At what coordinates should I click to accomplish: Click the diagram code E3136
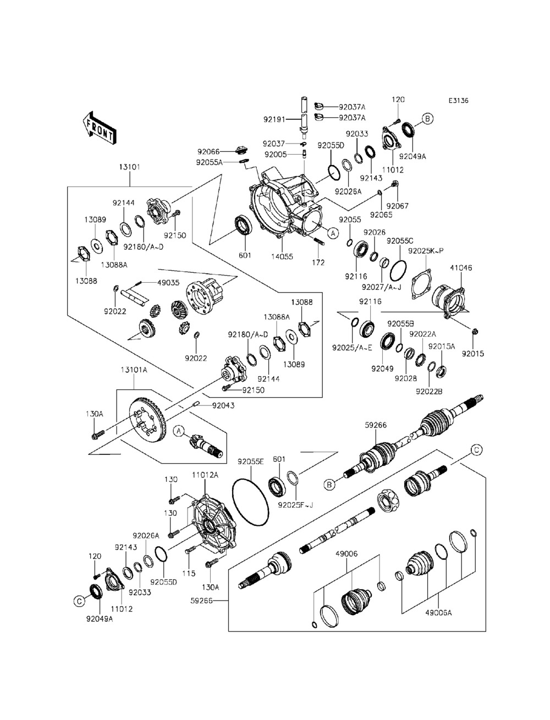click(x=461, y=101)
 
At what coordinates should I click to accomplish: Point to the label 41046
click(x=461, y=268)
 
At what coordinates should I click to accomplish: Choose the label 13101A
click(x=134, y=370)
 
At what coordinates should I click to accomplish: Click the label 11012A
click(x=205, y=474)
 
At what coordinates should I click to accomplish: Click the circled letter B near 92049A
click(x=427, y=118)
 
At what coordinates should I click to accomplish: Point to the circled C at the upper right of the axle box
click(x=476, y=450)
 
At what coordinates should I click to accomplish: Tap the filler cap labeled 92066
click(x=240, y=150)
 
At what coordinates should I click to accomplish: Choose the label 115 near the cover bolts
click(x=189, y=573)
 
